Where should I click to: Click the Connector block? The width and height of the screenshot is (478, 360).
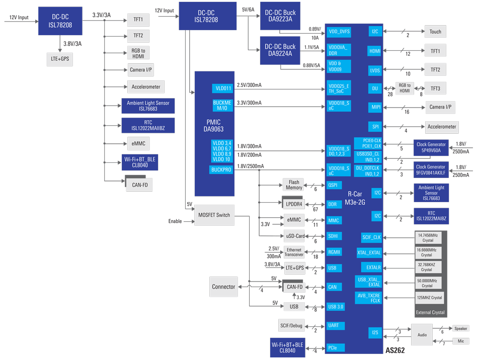coord(223,287)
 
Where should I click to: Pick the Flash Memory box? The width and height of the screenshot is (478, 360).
coord(294,185)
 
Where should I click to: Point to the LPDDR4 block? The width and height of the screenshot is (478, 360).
coord(294,204)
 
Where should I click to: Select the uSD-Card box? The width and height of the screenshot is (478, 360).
coord(294,236)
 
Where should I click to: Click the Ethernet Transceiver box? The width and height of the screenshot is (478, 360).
coord(294,252)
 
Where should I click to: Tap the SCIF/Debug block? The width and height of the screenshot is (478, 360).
coord(291,326)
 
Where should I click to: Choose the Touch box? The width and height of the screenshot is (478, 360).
coord(435,31)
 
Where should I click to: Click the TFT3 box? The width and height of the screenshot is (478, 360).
coord(435,88)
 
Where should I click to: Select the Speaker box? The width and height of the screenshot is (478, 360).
coord(461,328)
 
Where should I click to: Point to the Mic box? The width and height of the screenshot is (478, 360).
coord(461,341)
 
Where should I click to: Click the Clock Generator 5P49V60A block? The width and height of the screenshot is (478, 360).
coord(431,147)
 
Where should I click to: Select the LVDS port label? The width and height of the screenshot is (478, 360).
coord(375,70)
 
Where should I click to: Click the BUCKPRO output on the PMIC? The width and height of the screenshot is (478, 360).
coord(221,170)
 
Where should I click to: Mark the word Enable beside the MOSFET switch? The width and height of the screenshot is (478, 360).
coord(175,221)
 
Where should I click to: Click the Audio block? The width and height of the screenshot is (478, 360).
coord(422,334)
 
